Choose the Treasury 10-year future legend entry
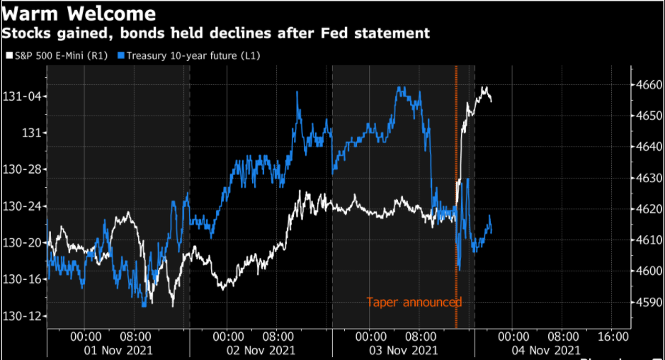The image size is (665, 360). point(191,55)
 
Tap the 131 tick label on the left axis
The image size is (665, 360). point(29,133)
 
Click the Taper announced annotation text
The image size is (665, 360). point(414,303)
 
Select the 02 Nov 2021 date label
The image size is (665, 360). point(261,350)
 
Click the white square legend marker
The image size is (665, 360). point(9,55)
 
